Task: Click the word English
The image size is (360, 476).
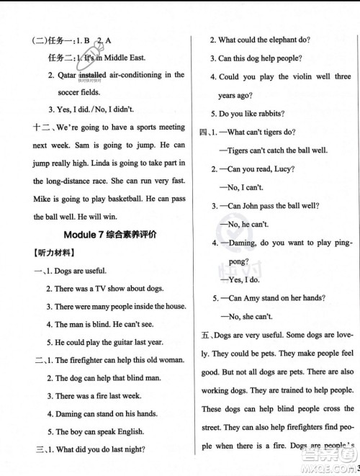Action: coord(130,431)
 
